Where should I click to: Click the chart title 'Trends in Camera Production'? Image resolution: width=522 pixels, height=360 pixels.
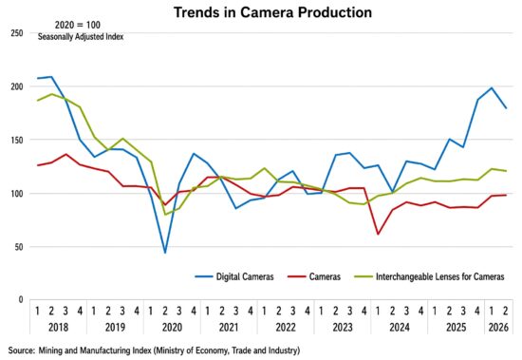click(272, 12)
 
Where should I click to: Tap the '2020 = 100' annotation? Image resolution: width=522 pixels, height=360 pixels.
click(77, 25)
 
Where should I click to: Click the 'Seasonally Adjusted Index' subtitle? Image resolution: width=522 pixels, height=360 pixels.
click(81, 37)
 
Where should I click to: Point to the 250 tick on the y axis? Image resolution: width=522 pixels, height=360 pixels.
click(17, 33)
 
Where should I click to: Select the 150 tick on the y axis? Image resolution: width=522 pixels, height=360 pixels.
click(17, 140)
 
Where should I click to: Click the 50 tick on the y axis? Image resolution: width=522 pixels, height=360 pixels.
click(19, 247)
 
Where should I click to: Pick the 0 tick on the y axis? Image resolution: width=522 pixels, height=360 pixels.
click(21, 299)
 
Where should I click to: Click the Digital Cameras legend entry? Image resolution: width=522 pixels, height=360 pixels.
click(234, 276)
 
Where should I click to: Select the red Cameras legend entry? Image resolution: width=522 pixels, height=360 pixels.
click(314, 276)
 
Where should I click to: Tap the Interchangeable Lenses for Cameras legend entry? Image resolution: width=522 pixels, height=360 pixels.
click(429, 276)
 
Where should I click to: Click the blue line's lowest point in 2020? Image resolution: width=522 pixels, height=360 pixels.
click(165, 253)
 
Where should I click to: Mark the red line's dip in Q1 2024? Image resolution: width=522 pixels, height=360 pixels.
click(378, 234)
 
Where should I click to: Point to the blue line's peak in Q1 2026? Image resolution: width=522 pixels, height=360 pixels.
click(492, 88)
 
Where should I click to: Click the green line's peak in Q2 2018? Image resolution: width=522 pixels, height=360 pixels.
click(51, 94)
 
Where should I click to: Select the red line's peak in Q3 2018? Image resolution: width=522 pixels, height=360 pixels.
click(65, 154)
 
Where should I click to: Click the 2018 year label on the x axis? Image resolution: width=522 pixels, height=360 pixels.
click(58, 328)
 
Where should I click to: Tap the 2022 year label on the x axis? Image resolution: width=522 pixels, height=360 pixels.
click(286, 328)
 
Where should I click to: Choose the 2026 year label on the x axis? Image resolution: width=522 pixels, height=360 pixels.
click(498, 328)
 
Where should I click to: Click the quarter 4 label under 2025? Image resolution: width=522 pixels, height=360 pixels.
click(477, 311)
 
